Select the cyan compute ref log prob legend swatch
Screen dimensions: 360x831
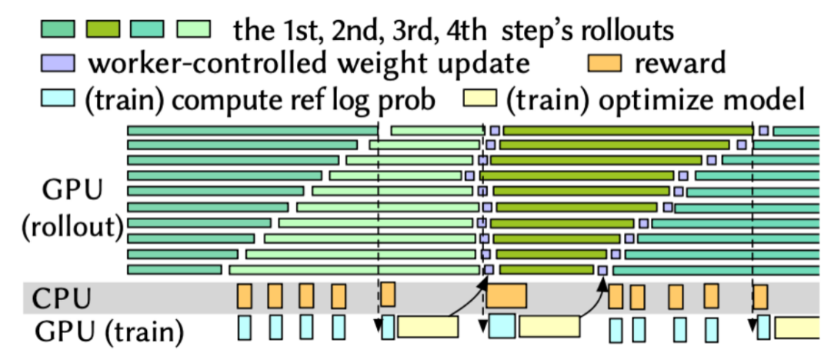coord(58,99)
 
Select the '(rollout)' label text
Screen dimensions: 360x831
coord(73,228)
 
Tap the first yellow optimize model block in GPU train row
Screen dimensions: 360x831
coord(428,328)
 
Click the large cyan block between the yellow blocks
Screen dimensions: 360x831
coord(502,326)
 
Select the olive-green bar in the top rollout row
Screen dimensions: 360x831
coord(627,131)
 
